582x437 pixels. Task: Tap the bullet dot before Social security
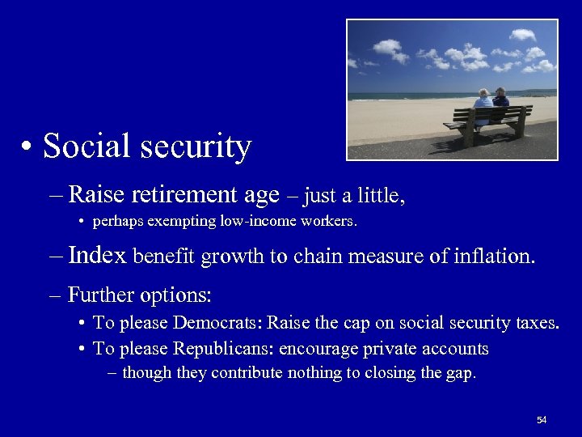pos(28,148)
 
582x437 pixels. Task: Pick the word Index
pos(97,256)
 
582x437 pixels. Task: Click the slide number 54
pos(542,420)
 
